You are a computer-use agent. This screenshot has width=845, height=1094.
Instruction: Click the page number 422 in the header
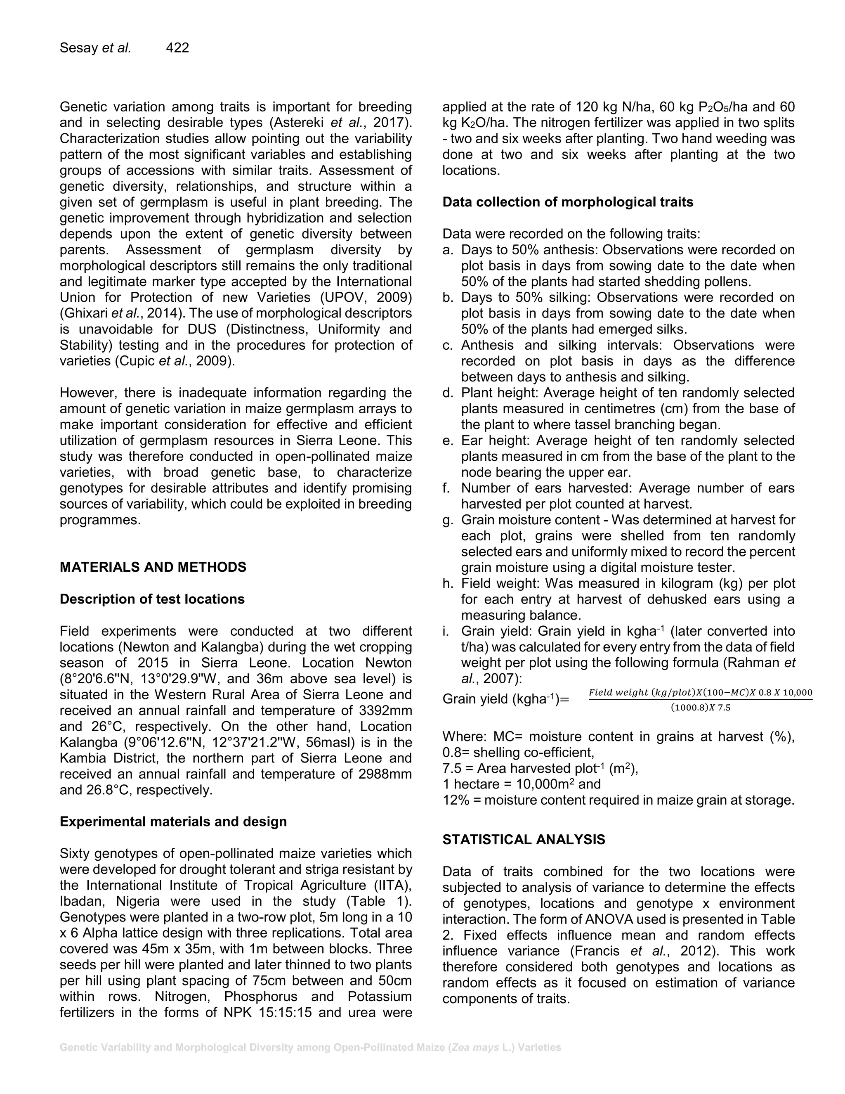coord(177,47)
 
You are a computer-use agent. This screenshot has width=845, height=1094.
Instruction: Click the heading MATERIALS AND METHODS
coord(153,567)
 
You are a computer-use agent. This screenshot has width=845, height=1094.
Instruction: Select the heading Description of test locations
coord(152,599)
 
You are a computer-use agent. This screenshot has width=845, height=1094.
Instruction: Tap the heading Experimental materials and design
coord(173,822)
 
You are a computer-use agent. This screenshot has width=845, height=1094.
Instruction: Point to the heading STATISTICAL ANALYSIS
coord(523,840)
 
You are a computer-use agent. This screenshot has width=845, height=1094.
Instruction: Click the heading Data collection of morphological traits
coord(568,202)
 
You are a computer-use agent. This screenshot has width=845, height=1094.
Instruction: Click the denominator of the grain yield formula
coord(700,708)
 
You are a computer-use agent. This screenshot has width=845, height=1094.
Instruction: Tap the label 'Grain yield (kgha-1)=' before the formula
coord(505,699)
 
